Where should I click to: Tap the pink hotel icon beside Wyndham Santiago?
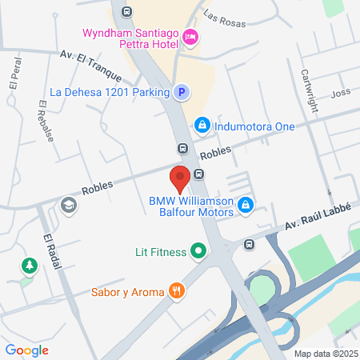(x=190, y=37)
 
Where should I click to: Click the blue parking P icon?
(x=182, y=92)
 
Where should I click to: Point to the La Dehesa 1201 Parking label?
(x=110, y=92)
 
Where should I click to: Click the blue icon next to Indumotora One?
(x=203, y=126)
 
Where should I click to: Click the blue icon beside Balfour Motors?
(x=246, y=206)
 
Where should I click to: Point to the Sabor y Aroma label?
(x=128, y=292)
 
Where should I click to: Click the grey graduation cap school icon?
(x=69, y=206)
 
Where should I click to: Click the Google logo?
(x=26, y=350)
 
